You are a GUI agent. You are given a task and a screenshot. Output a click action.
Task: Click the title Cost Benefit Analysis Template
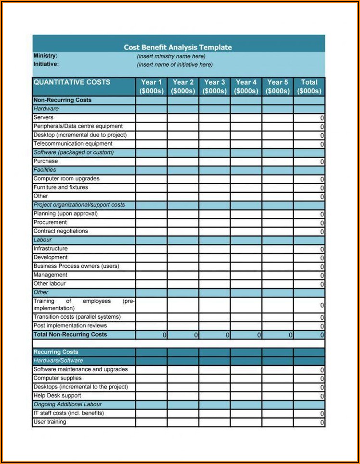point(178,47)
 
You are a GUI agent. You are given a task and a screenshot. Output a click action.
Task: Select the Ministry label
point(45,56)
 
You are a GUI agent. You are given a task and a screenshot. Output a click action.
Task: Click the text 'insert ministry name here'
point(171,56)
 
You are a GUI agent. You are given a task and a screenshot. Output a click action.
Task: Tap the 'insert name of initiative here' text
point(174,64)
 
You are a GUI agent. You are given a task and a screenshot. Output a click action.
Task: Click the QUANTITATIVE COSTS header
point(72,82)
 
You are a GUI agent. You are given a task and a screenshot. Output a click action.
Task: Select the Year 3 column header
point(214,87)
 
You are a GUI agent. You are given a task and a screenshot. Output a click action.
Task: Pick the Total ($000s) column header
point(309,87)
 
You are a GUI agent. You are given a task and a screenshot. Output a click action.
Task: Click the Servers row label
point(43,117)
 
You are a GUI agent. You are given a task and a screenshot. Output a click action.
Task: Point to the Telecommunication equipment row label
point(73,144)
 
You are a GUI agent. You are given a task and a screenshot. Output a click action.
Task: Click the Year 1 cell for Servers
point(151,118)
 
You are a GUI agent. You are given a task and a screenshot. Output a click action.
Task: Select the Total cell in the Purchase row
point(309,162)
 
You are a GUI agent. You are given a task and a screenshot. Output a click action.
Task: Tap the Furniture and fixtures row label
point(61,188)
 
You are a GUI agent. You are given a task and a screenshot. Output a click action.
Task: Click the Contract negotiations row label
point(61,231)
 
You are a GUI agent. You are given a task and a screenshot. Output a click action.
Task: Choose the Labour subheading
point(42,240)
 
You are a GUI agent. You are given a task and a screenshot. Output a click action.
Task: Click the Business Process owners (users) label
point(76,266)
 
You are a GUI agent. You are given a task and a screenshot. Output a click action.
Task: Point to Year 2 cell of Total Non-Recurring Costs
point(183,335)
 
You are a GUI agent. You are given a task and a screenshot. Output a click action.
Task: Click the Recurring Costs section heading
point(56,352)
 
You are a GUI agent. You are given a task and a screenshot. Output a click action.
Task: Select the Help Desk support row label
point(57,396)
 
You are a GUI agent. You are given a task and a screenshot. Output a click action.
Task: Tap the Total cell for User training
point(309,422)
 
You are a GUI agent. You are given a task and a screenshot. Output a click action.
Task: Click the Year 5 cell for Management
point(277,275)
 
